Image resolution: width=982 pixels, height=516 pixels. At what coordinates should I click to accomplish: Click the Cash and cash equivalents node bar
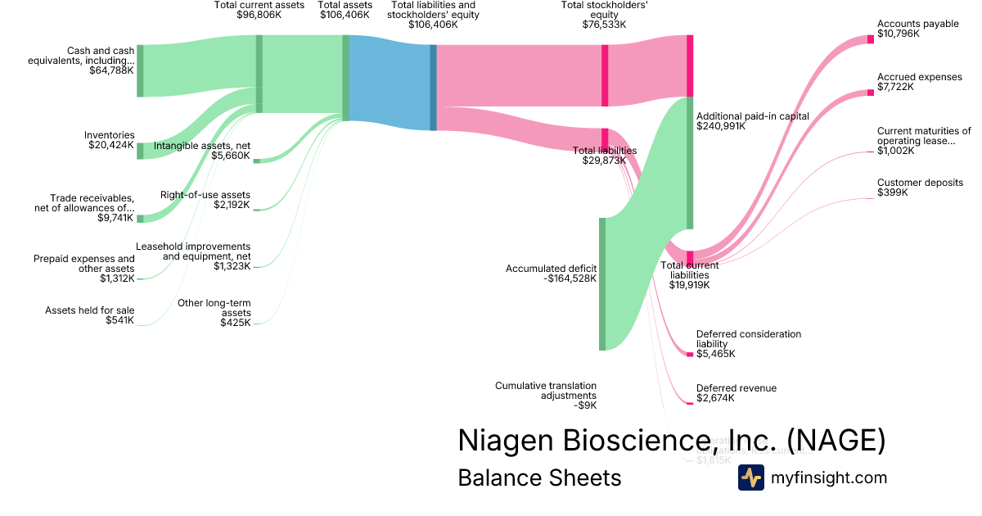140,71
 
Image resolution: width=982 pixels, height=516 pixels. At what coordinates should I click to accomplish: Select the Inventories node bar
140,151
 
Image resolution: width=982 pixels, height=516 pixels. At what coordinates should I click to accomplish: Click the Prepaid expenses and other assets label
84,264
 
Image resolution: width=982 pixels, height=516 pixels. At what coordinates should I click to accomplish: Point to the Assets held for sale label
90,310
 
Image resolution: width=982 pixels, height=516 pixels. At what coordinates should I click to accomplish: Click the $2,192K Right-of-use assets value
232,205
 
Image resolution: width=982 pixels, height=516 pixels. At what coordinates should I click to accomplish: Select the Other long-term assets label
214,308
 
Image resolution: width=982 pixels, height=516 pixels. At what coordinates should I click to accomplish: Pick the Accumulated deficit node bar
602,283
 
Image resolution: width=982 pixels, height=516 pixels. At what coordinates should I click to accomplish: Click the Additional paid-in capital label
752,116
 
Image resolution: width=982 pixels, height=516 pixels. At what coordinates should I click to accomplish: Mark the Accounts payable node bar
871,39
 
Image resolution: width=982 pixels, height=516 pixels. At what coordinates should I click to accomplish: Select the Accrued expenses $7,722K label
919,82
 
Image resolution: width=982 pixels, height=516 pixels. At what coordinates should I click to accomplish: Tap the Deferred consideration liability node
690,354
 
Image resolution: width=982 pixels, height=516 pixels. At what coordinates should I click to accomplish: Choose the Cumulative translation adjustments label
546,390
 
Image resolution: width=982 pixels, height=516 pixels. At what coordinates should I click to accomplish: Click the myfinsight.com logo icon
751,478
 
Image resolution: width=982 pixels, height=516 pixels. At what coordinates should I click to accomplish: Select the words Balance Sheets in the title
539,478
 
